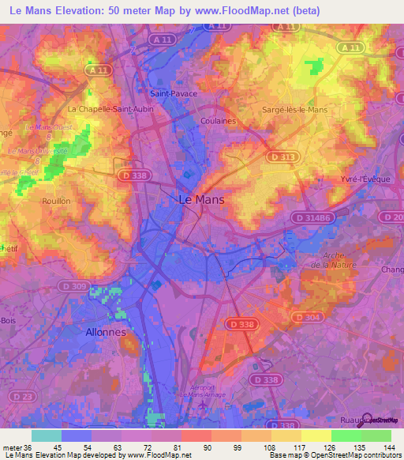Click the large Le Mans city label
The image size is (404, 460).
click(202, 200)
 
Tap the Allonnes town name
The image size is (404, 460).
click(105, 333)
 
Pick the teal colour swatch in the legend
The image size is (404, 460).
click(47, 435)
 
